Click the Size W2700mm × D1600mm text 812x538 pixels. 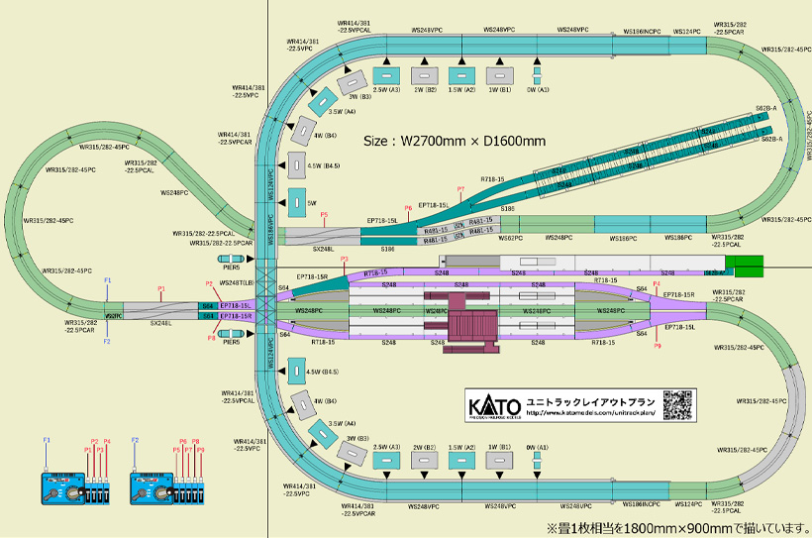455,141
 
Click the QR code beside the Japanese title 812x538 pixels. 677,406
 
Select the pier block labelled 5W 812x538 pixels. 295,202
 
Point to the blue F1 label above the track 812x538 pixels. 107,280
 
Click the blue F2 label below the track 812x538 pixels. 107,342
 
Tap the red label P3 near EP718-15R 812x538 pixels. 344,260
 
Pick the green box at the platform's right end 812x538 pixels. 749,266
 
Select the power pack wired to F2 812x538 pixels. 152,488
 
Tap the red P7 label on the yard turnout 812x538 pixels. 460,188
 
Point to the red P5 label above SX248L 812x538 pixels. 324,214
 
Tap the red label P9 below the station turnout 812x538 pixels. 657,346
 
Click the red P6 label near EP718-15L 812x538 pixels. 408,208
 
